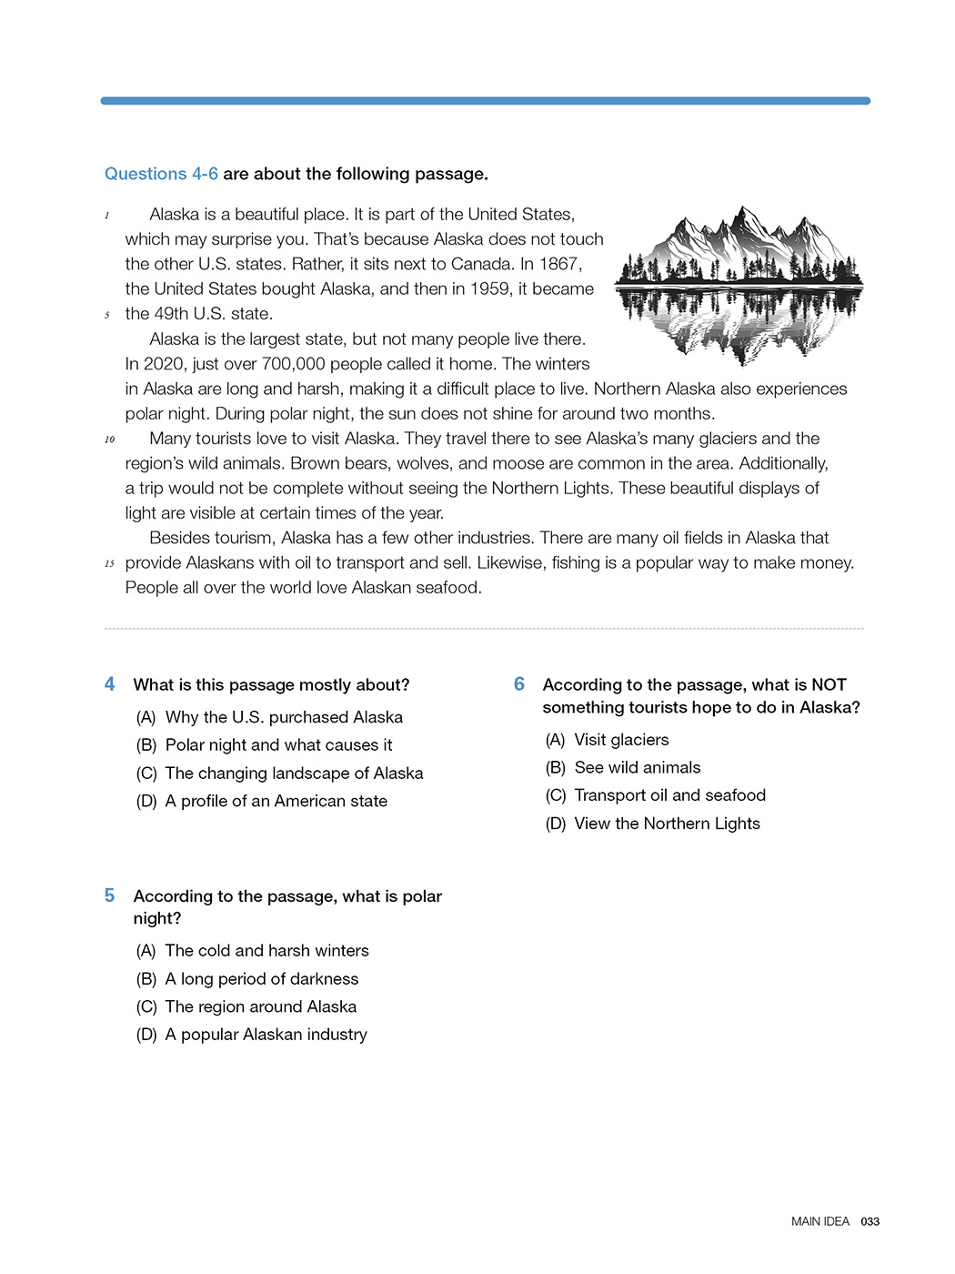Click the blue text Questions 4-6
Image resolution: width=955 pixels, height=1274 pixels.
[x=161, y=174]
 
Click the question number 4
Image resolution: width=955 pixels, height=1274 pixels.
[x=109, y=684]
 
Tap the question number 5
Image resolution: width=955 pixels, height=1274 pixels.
[x=109, y=895]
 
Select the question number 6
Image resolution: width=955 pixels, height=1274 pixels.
[x=518, y=684]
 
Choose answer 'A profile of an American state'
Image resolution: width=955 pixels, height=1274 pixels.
[x=276, y=802]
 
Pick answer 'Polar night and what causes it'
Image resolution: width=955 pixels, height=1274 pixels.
[x=278, y=745]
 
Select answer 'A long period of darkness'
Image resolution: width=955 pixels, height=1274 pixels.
[x=261, y=979]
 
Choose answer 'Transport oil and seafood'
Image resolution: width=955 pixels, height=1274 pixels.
[x=669, y=795]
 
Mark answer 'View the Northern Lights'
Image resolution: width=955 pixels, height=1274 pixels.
[x=667, y=824]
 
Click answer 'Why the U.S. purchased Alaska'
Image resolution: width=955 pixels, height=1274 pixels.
[x=284, y=718]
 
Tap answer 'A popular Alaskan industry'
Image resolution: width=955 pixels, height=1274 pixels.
[x=266, y=1035]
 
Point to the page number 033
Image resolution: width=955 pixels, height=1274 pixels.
[x=870, y=1222]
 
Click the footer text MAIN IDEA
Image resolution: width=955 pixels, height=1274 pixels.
[x=819, y=1222]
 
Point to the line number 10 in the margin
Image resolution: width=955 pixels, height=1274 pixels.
[x=109, y=440]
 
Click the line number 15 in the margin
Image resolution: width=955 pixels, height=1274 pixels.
[x=109, y=564]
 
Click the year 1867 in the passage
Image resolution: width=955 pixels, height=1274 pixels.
[x=559, y=264]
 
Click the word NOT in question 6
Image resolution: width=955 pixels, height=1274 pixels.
[x=829, y=685]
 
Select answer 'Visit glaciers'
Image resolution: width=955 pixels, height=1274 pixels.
[x=621, y=741]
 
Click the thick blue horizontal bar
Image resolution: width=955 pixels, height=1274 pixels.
[x=485, y=101]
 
